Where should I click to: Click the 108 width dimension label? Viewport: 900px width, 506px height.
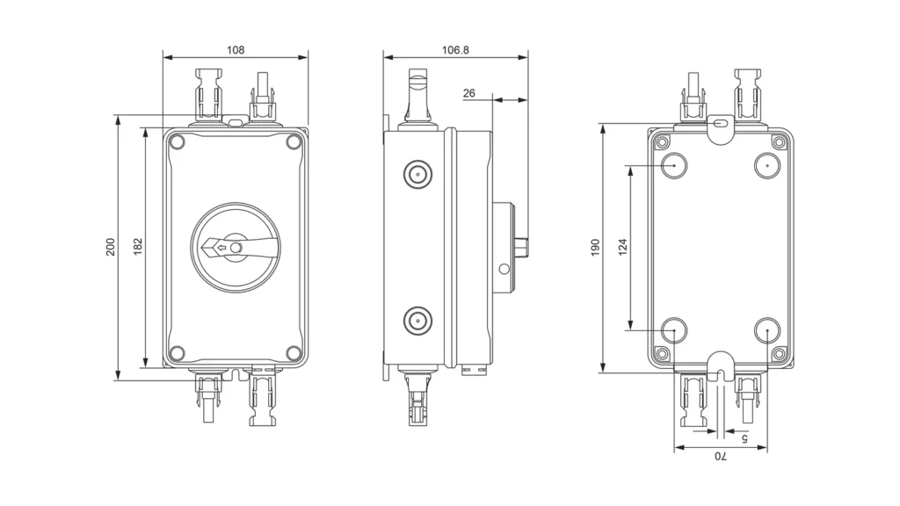236,50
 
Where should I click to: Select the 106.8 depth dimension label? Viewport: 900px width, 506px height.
455,50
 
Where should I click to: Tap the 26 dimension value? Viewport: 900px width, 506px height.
468,93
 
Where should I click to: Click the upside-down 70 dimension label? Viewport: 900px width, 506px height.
720,457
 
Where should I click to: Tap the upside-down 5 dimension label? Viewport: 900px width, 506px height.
744,437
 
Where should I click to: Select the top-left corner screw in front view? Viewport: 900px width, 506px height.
177,141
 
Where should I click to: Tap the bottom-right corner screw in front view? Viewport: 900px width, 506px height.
294,353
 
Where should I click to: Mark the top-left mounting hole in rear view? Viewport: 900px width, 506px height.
673,164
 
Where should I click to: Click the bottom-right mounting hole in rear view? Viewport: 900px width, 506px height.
767,333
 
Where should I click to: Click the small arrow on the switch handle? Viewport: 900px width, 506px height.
221,248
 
